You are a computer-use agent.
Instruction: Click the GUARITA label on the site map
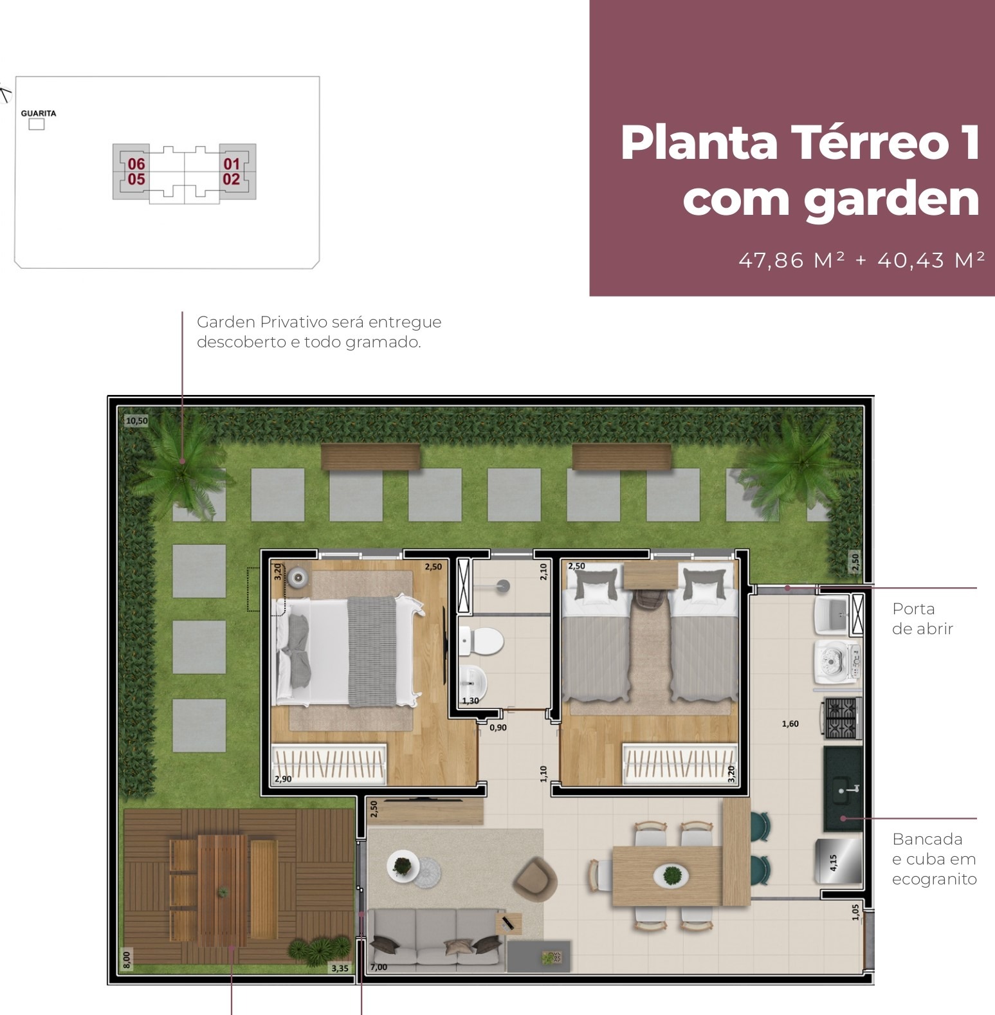[x=39, y=113]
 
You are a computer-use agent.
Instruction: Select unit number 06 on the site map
[x=136, y=164]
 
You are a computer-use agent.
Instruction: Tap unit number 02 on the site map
[x=232, y=179]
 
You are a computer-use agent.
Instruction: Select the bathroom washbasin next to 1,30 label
[x=473, y=677]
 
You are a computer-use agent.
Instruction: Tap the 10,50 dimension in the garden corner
[x=136, y=421]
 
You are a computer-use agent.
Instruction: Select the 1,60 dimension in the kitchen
[x=790, y=724]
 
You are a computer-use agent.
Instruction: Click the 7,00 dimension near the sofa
[x=379, y=967]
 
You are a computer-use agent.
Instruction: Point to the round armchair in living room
[x=535, y=877]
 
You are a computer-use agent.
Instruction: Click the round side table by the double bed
[x=298, y=577]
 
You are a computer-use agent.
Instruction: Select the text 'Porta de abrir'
[x=922, y=619]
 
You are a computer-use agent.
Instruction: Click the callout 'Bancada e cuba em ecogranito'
[x=934, y=859]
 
